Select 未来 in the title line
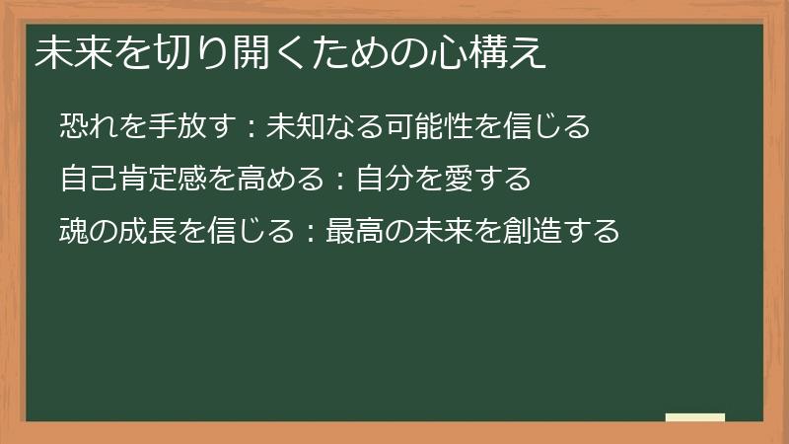click(65, 53)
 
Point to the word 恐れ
click(86, 127)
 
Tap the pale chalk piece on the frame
click(695, 418)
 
